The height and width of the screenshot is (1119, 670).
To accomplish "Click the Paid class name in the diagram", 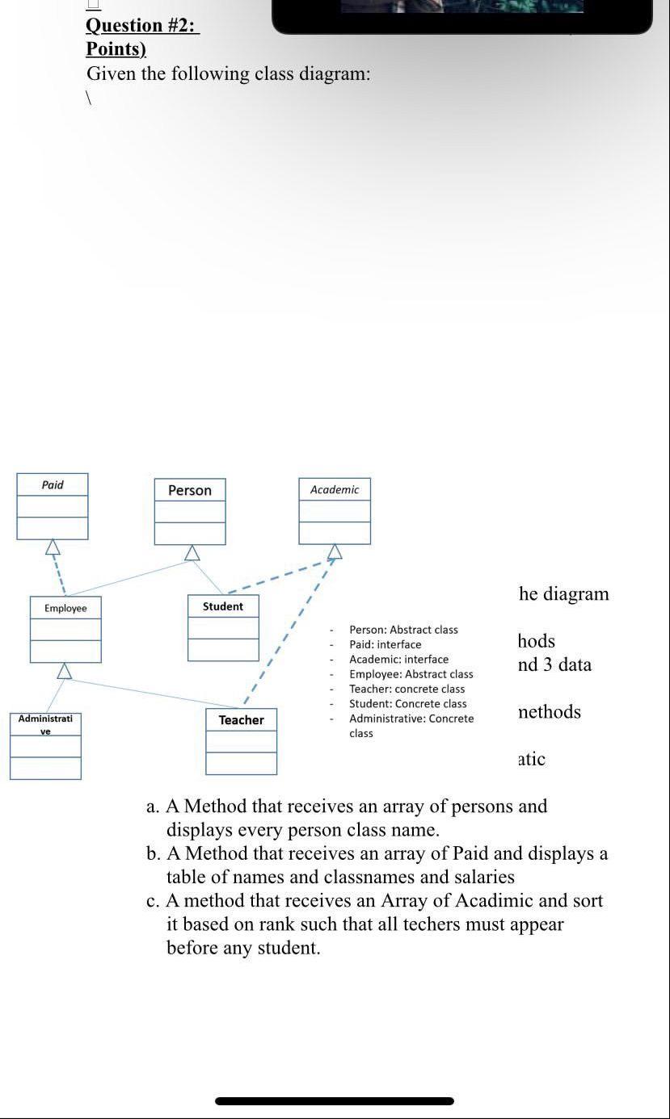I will [x=53, y=485].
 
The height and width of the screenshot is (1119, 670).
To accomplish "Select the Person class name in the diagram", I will [x=190, y=491].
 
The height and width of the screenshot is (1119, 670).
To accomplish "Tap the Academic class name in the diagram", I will [x=335, y=490].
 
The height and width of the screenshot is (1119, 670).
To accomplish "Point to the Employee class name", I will [x=65, y=608].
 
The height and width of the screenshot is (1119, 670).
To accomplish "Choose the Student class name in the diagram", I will [x=223, y=606].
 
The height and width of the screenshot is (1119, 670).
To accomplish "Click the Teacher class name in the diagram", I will [x=241, y=720].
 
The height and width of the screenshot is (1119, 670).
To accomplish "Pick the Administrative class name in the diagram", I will [x=45, y=724].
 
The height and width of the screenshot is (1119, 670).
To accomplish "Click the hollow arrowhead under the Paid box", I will [x=53, y=547].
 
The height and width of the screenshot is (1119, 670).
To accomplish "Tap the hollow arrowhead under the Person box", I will [x=192, y=552].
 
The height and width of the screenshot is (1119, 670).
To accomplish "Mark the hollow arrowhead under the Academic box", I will [x=334, y=551].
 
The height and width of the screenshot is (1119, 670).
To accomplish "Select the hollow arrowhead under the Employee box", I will [x=65, y=671].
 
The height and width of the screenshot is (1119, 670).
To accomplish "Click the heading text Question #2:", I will [x=142, y=25].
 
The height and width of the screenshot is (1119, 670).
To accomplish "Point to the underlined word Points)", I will [x=116, y=48].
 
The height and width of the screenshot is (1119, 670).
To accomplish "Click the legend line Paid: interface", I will [x=385, y=644].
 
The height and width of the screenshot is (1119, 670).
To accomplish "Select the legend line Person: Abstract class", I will [x=403, y=630].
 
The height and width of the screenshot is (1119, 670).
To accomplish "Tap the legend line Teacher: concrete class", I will [x=407, y=689].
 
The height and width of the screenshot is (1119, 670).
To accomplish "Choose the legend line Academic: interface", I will [x=398, y=660].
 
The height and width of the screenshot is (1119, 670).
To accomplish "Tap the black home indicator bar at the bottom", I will [x=335, y=1100].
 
